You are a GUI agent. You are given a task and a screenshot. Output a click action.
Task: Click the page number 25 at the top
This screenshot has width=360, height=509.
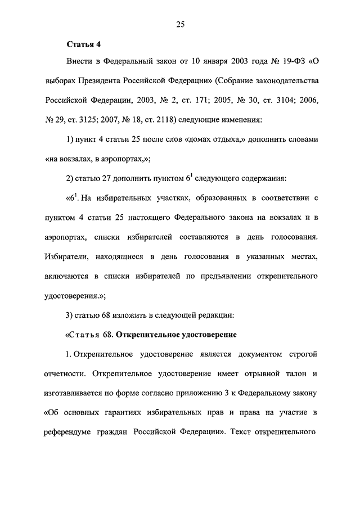[180, 24]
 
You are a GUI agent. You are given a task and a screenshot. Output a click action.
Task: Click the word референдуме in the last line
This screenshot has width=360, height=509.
[70, 434]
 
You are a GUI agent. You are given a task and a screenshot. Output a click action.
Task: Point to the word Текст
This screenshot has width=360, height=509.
[243, 434]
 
